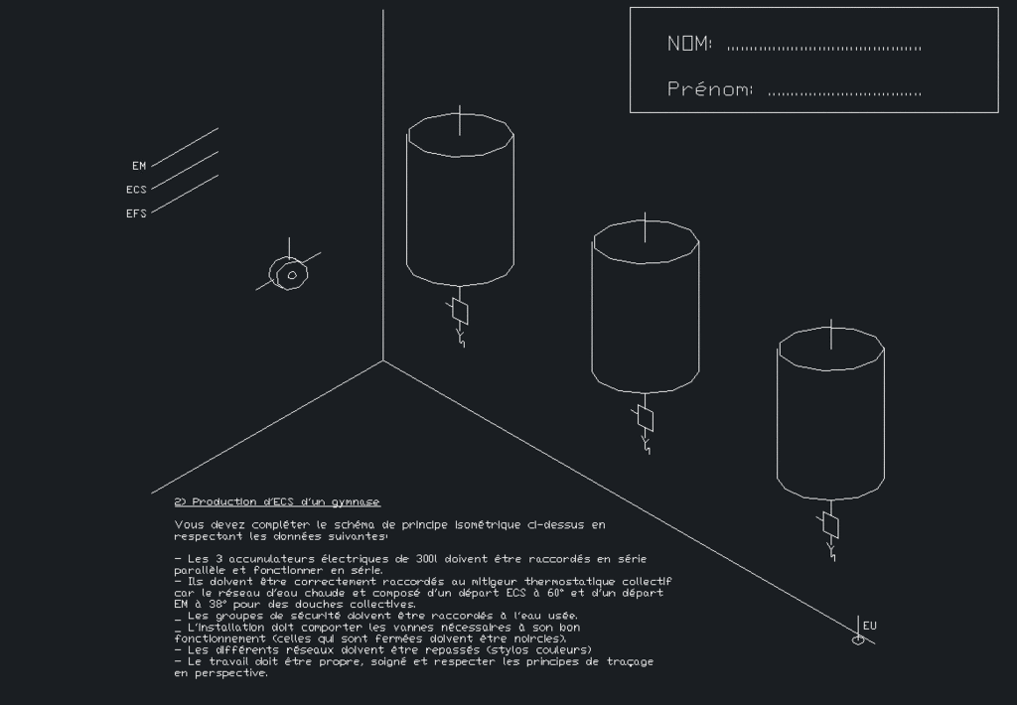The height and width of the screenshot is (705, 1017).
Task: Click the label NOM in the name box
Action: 689,44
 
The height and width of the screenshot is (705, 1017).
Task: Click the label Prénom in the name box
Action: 709,88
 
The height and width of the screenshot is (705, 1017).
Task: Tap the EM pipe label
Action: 139,166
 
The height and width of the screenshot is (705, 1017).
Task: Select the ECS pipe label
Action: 136,190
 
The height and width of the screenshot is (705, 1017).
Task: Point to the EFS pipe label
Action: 136,213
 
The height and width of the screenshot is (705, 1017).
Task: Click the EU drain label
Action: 870,626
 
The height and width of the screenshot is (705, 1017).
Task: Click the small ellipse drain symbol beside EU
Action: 858,640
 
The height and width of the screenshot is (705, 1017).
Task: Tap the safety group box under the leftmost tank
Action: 460,312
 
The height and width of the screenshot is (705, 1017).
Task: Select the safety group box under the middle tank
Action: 646,418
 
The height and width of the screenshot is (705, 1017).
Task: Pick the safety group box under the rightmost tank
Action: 831,525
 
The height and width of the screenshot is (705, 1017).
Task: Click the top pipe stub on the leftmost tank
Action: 460,120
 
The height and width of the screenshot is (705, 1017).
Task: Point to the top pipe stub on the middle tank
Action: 645,227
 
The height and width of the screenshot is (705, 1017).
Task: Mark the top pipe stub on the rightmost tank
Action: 831,335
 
